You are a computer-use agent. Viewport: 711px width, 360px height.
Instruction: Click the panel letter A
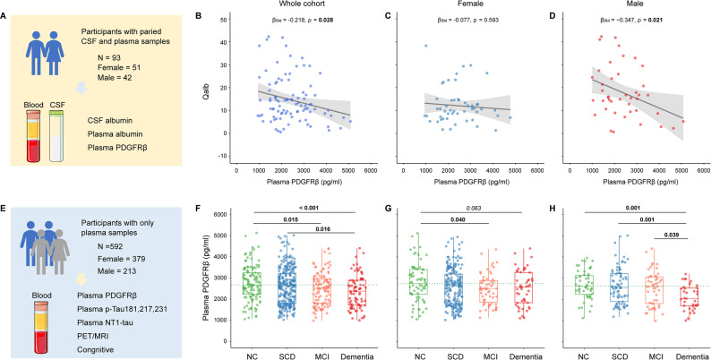[x=4, y=17]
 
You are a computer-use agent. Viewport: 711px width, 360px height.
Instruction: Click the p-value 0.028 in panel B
[x=327, y=21]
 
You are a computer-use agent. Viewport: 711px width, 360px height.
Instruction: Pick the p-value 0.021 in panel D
[x=659, y=21]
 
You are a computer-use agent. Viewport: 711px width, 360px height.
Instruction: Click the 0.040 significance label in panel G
[x=455, y=219]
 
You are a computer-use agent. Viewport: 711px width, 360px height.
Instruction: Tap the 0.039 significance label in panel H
[x=671, y=235]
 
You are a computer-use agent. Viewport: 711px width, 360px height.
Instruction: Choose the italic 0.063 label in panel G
[x=472, y=207]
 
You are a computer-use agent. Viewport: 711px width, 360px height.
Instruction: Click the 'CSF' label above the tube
[x=56, y=105]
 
